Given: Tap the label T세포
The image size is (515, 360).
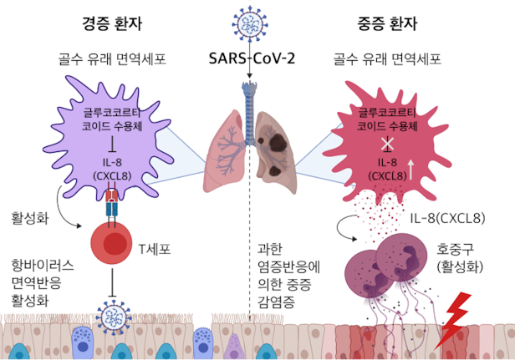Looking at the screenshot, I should tap(156, 248).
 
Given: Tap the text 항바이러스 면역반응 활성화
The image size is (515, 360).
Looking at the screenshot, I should tap(43, 282).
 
